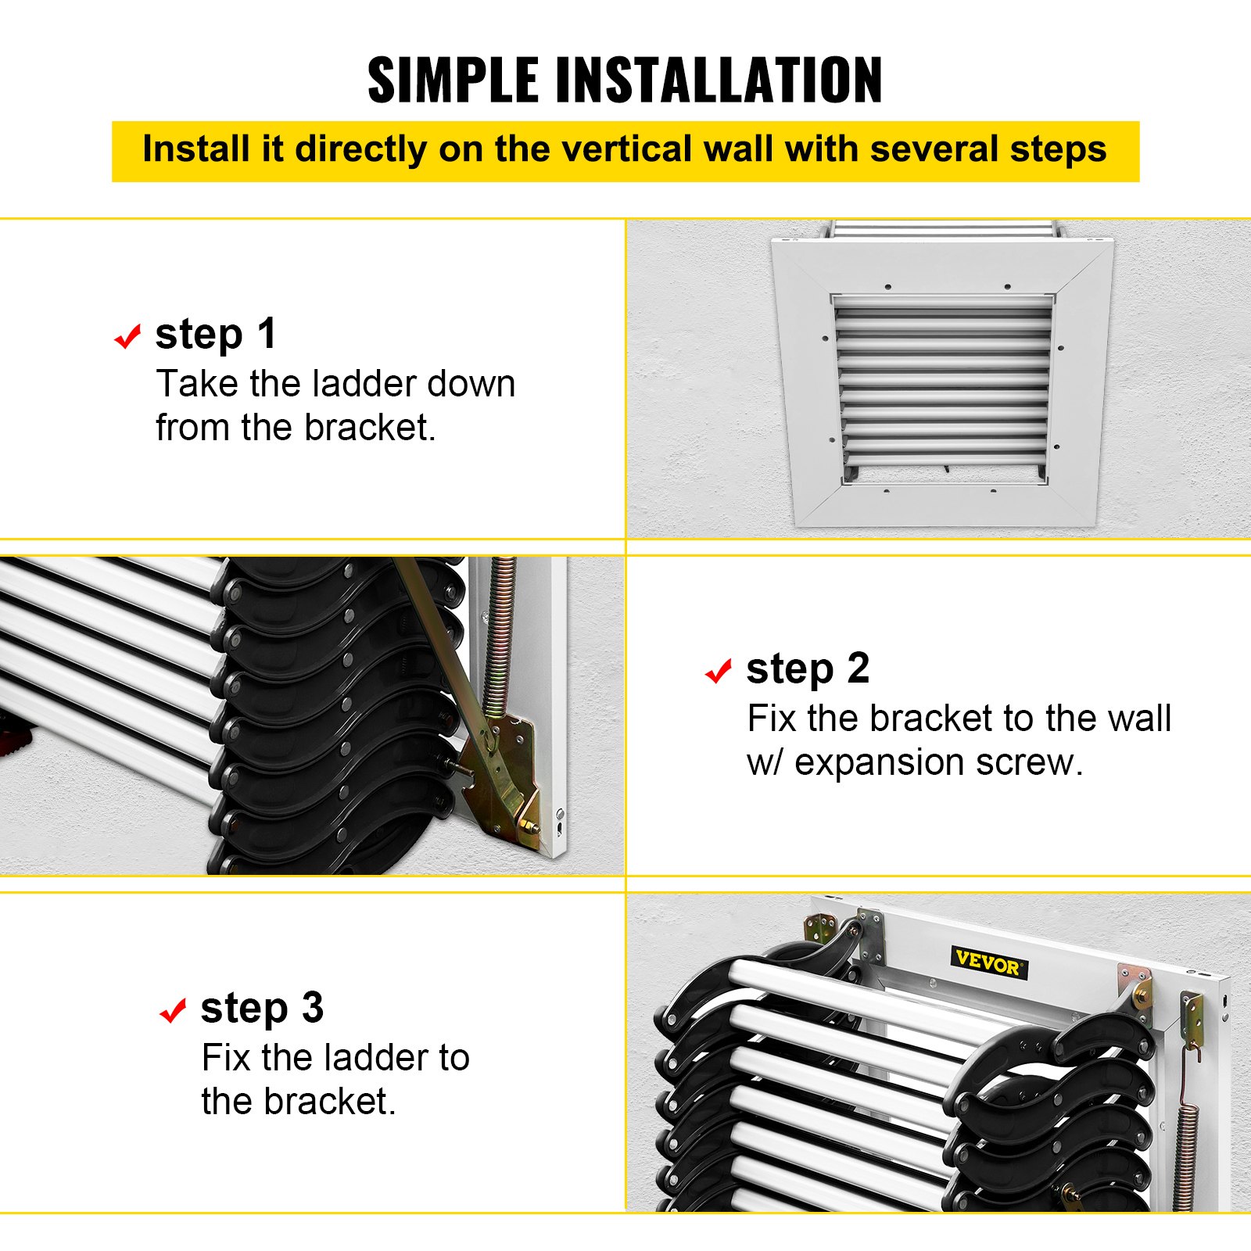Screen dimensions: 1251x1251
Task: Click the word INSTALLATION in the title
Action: (719, 81)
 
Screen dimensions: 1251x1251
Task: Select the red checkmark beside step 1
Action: (127, 337)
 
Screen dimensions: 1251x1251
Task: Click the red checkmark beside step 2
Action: (718, 671)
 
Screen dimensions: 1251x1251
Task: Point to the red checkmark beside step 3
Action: (172, 1010)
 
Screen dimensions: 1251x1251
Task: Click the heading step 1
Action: (216, 334)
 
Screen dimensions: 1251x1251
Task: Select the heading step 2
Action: (807, 669)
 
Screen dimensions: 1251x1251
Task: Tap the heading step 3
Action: (262, 1008)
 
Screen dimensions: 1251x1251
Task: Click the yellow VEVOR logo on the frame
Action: (988, 962)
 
